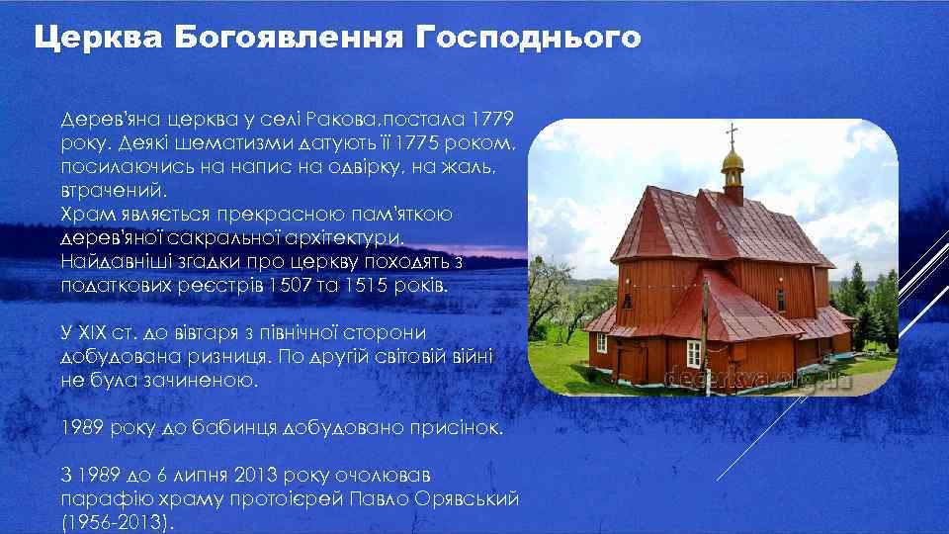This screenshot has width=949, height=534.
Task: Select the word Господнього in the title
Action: [528, 39]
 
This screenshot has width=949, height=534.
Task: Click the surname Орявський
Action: [461, 499]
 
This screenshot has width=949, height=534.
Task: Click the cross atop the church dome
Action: [732, 135]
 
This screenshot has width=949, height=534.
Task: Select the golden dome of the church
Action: [732, 161]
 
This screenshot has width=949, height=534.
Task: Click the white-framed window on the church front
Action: [693, 351]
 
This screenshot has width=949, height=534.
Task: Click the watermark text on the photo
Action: [756, 379]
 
